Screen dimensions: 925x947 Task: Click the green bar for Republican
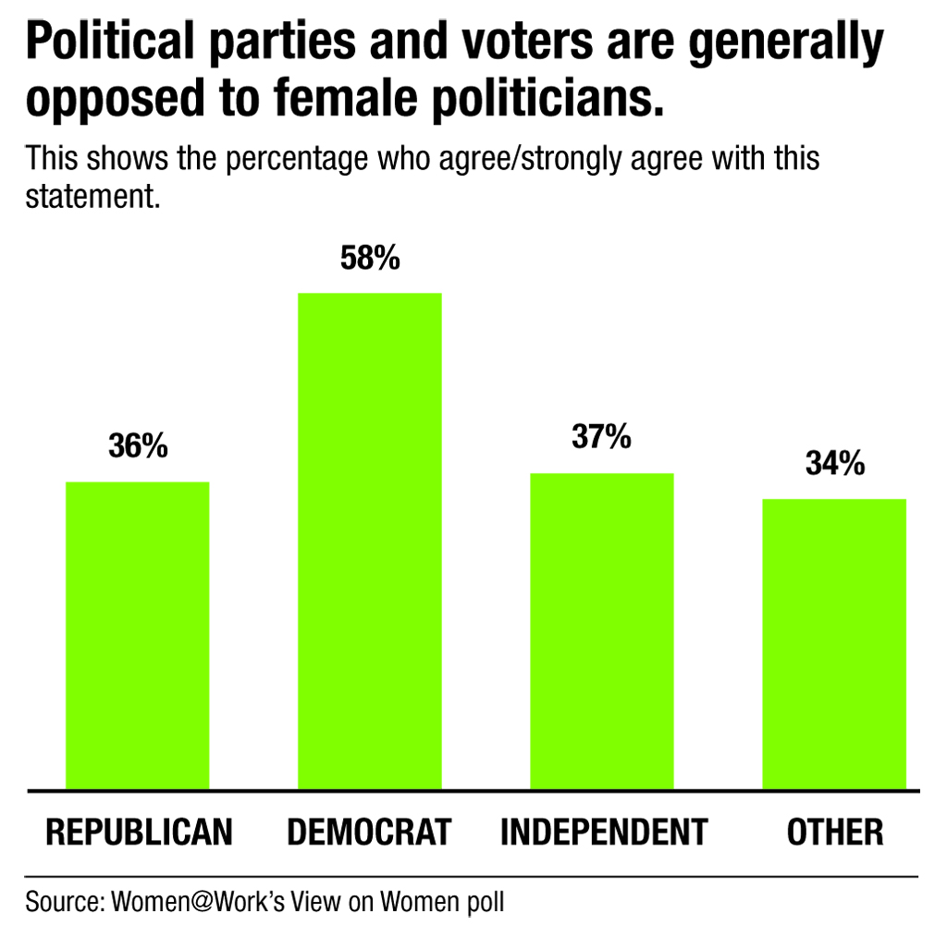point(138,635)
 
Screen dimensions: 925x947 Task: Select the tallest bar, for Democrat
point(369,541)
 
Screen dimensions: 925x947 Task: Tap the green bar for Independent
point(601,630)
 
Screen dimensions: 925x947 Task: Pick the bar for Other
point(833,643)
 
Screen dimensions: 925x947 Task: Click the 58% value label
point(370,259)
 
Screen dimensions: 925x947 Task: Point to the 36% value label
point(138,447)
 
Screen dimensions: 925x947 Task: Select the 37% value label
point(601,437)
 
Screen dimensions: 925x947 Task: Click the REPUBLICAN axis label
point(139,832)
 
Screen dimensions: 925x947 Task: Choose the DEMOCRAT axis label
point(369,832)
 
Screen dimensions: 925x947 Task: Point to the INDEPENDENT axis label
point(603,832)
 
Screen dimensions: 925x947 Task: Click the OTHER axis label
point(835,832)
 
